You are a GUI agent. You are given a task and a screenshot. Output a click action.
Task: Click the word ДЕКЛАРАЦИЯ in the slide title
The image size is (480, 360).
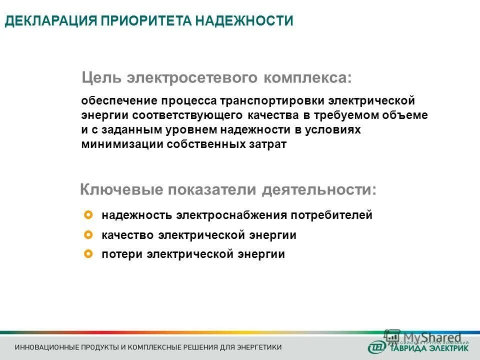pos(50,21)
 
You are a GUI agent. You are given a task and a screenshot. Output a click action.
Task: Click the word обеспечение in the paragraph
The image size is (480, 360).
pos(118,101)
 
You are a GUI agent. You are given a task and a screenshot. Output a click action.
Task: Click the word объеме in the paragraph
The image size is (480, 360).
pos(408,115)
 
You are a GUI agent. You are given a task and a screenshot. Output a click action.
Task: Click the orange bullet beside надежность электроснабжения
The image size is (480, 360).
pos(89,215)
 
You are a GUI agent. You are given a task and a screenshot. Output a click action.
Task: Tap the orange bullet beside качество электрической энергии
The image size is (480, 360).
pos(89,234)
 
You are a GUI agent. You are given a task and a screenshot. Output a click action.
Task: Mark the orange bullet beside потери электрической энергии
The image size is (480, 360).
pos(89,254)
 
